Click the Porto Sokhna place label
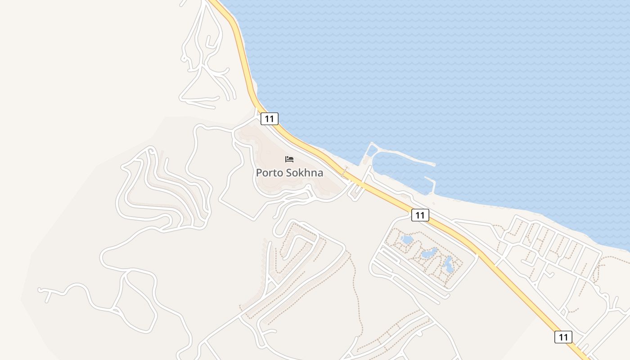point(289,172)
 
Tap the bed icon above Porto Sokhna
point(289,159)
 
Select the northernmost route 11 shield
point(269,119)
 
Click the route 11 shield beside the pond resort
point(420,215)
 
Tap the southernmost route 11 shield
point(563,337)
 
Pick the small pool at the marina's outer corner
point(371,151)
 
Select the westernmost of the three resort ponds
point(407,240)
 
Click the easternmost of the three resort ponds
point(449,265)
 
